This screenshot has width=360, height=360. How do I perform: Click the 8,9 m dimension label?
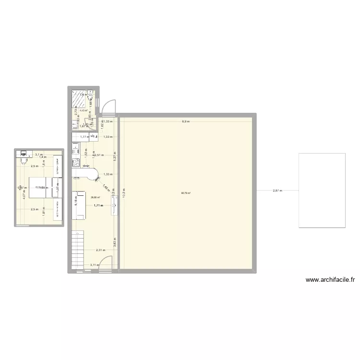185,121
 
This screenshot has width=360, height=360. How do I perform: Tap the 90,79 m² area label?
186,193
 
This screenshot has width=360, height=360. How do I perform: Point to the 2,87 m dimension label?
277,191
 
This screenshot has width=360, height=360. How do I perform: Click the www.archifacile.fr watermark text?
330,280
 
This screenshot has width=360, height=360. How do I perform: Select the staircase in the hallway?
77,249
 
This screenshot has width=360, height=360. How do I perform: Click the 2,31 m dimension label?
100,250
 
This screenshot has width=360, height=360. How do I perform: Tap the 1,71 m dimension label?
99,205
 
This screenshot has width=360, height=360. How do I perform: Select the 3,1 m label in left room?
39,155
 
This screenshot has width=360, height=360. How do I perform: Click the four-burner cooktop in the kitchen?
75,162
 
